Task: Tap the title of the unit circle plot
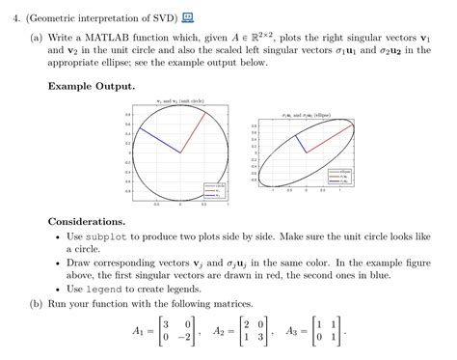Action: tap(181, 99)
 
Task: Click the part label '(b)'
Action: tap(36, 303)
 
